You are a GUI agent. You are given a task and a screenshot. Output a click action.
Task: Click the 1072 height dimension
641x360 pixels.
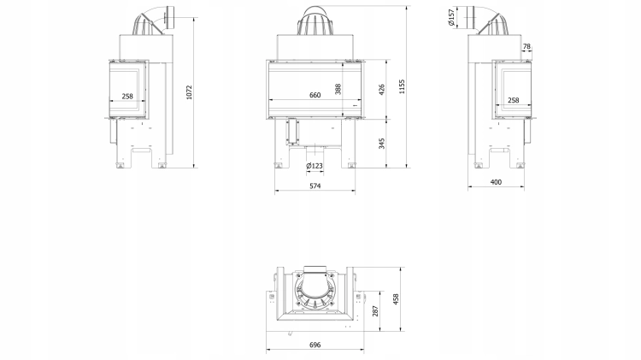pyautogui.click(x=189, y=92)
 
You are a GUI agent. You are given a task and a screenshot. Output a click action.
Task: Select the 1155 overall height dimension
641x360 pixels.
pyautogui.click(x=402, y=86)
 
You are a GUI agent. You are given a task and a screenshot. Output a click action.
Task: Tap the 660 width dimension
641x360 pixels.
pyautogui.click(x=315, y=95)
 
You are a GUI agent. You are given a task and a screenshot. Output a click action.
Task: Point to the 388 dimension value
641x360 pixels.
pyautogui.click(x=338, y=89)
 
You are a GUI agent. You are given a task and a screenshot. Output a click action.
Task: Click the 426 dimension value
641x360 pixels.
pyautogui.click(x=382, y=90)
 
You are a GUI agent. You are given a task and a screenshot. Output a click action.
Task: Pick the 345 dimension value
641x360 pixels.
pyautogui.click(x=382, y=144)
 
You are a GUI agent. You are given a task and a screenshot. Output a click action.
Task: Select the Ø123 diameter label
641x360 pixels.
pyautogui.click(x=315, y=166)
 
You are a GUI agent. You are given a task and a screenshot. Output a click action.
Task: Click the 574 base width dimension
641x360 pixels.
pyautogui.click(x=315, y=186)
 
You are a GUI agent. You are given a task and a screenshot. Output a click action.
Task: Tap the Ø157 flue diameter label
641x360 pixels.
pyautogui.click(x=451, y=18)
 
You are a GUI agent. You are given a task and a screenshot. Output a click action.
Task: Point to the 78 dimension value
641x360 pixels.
pyautogui.click(x=526, y=46)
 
